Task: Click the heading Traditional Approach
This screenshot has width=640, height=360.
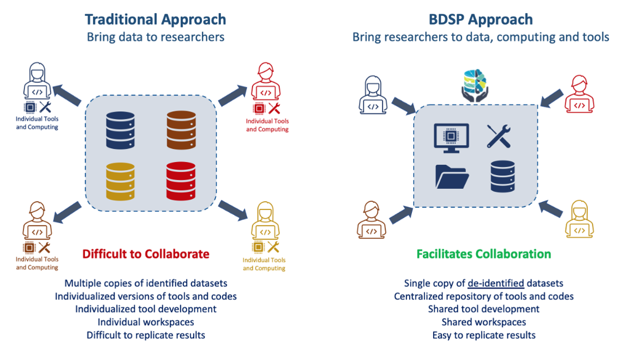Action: (155, 20)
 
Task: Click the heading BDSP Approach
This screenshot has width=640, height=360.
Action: (481, 20)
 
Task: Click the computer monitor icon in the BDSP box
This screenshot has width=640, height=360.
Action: (451, 137)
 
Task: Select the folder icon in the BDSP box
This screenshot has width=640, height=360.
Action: (452, 176)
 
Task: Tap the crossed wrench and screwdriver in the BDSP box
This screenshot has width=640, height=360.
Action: (499, 136)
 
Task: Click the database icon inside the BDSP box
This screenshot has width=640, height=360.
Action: (503, 176)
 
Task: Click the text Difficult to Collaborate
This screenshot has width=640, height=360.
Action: (146, 254)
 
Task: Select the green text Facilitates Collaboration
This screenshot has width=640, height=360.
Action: (483, 254)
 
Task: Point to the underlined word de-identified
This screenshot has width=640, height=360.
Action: (496, 283)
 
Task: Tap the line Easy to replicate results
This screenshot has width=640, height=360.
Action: (483, 335)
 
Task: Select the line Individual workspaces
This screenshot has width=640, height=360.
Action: (146, 322)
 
